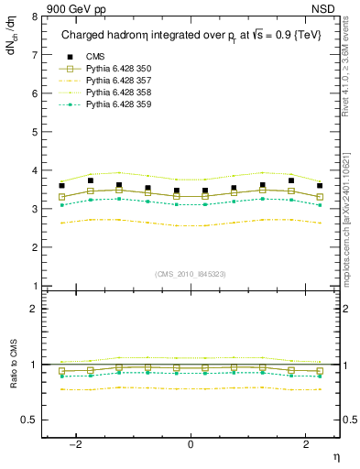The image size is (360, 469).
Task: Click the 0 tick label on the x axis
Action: (x=191, y=445)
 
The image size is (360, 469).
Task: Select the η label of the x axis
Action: (x=335, y=457)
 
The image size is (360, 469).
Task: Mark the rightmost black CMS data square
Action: (x=320, y=186)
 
